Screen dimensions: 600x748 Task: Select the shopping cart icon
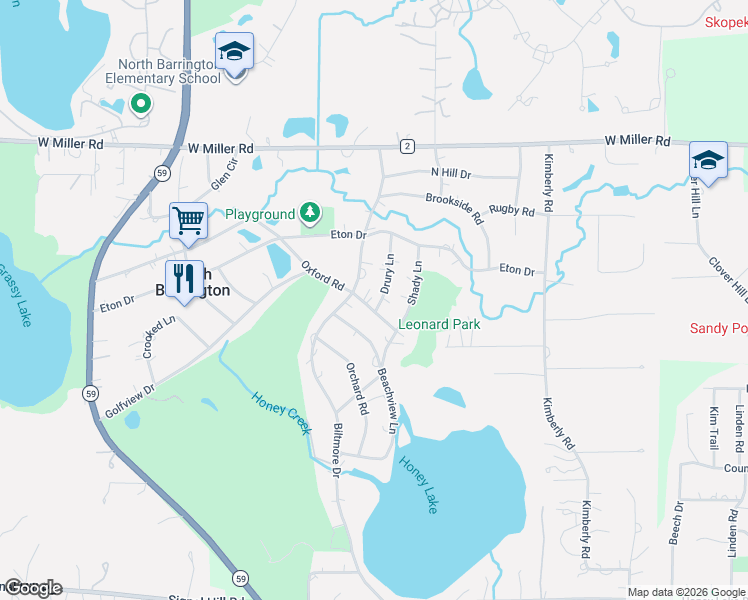click(x=188, y=220)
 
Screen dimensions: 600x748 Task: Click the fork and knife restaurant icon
click(x=183, y=278)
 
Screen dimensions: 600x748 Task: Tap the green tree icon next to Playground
click(x=310, y=213)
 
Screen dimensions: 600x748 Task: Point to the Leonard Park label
click(x=439, y=324)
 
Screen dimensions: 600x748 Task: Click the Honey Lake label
click(x=418, y=485)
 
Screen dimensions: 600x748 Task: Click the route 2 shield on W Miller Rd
click(x=407, y=146)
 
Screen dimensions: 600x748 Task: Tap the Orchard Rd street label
click(x=355, y=389)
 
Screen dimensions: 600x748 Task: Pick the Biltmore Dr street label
click(x=336, y=449)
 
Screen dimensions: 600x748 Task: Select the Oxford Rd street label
click(x=323, y=276)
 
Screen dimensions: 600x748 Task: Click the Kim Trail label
click(x=714, y=427)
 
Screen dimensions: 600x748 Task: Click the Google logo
click(x=33, y=588)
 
